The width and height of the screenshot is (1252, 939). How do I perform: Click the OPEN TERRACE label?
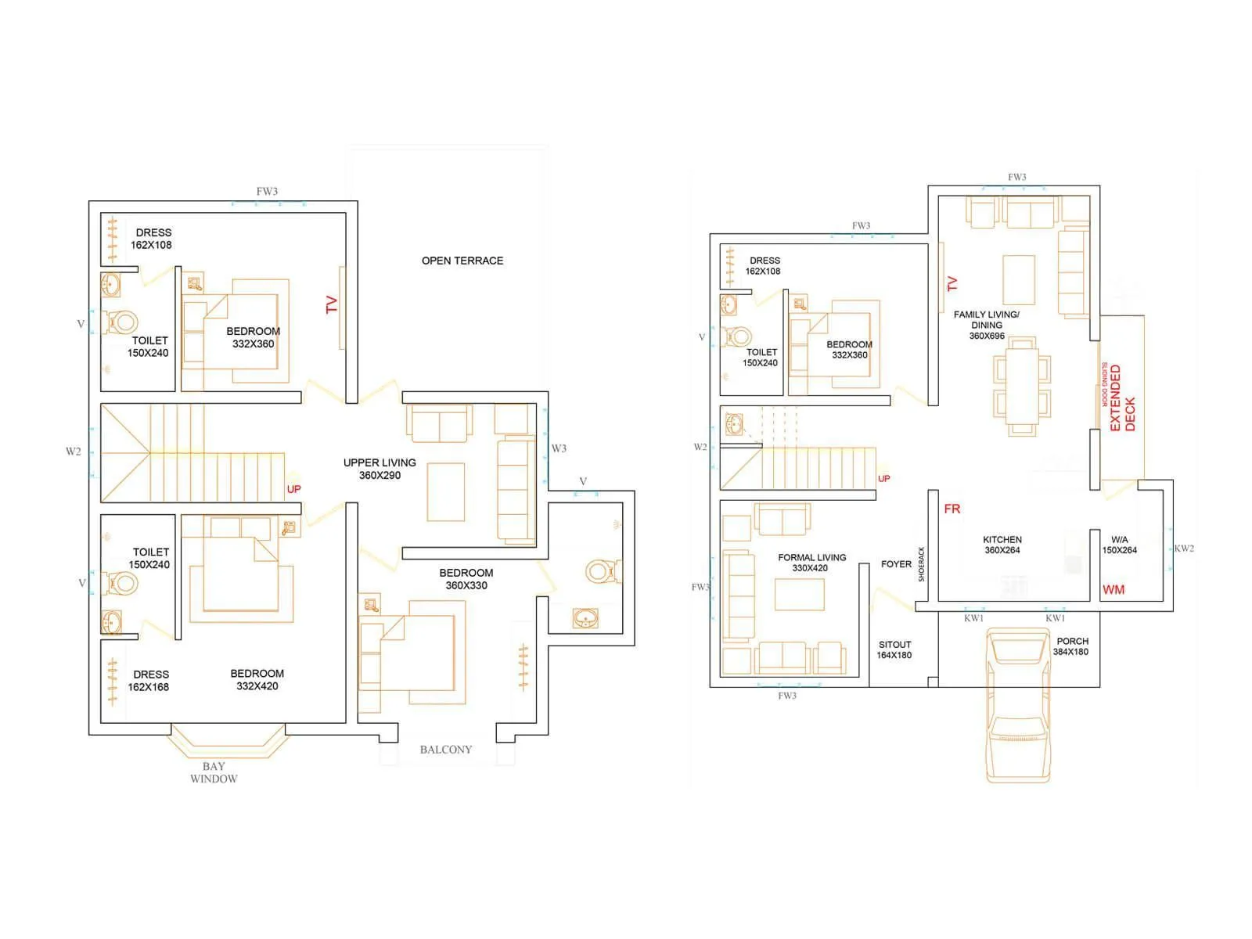pyautogui.click(x=462, y=261)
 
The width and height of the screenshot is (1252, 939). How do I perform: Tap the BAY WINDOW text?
pyautogui.click(x=214, y=772)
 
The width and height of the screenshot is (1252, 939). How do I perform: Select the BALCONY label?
pyautogui.click(x=445, y=750)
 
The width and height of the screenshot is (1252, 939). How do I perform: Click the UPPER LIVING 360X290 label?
pyautogui.click(x=380, y=469)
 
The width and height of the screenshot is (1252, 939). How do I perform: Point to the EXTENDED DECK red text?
pyautogui.click(x=1122, y=398)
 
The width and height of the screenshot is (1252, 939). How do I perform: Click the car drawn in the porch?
pyautogui.click(x=1017, y=704)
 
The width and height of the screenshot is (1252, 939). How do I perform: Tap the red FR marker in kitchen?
pyautogui.click(x=952, y=509)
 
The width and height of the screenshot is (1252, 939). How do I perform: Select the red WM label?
pyautogui.click(x=1113, y=590)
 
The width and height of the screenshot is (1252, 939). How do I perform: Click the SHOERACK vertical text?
pyautogui.click(x=921, y=563)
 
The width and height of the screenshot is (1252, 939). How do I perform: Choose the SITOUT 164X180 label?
pyautogui.click(x=894, y=650)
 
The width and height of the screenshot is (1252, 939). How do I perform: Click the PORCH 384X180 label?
pyautogui.click(x=1071, y=646)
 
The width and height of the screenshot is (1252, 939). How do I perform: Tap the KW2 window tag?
pyautogui.click(x=1184, y=549)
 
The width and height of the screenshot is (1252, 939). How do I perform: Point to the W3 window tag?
pyautogui.click(x=559, y=448)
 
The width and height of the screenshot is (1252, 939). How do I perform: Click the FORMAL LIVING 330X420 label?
pyautogui.click(x=811, y=563)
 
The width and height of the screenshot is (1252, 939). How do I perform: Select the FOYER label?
pyautogui.click(x=896, y=564)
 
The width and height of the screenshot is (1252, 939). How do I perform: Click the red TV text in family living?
pyautogui.click(x=952, y=284)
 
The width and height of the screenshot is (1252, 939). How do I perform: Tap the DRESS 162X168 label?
pyautogui.click(x=149, y=681)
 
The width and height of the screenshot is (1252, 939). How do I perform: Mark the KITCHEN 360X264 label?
pyautogui.click(x=1002, y=545)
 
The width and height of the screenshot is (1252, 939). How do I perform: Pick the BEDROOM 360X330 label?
pyautogui.click(x=466, y=579)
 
